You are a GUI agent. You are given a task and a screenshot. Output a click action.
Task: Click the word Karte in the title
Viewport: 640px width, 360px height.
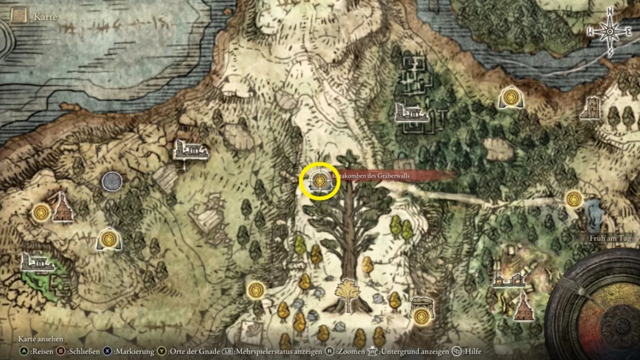pos(45,17)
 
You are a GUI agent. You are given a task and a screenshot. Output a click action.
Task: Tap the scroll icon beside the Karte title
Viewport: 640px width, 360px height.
pos(19,17)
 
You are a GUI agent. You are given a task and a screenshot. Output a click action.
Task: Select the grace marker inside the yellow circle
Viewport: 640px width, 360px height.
pos(319,181)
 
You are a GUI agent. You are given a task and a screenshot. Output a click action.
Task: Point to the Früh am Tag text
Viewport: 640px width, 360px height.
pos(610,238)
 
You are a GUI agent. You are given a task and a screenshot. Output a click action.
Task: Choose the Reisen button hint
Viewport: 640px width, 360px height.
pos(37,351)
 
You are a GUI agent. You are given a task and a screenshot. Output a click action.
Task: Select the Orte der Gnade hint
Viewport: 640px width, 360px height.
pos(189,351)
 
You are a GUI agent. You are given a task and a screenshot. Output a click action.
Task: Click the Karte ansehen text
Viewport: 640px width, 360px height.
pos(41,339)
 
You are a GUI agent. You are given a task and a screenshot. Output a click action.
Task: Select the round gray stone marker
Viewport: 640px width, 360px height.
pos(112,182)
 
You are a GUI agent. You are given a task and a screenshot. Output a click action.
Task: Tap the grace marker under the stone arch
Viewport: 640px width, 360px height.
pos(421,316)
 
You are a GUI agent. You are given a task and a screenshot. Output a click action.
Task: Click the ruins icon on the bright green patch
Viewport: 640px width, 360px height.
pos(37,262)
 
